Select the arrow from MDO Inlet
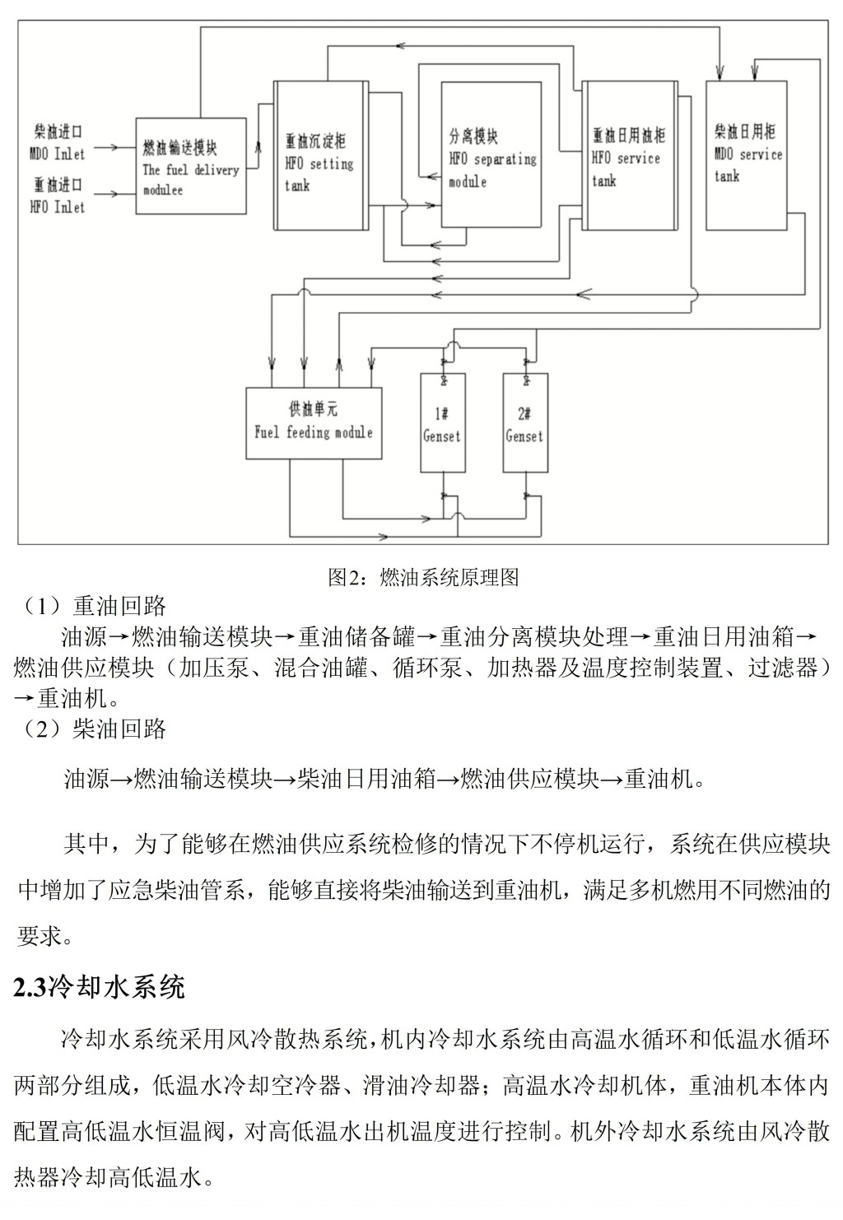(114, 147)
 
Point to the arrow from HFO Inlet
(114, 193)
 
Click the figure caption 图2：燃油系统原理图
(423, 577)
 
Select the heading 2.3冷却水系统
(99, 987)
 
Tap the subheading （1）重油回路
(91, 606)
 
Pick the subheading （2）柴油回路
(91, 729)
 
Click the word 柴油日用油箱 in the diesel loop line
(366, 779)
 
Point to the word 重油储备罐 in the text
(356, 636)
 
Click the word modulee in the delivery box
(163, 190)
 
